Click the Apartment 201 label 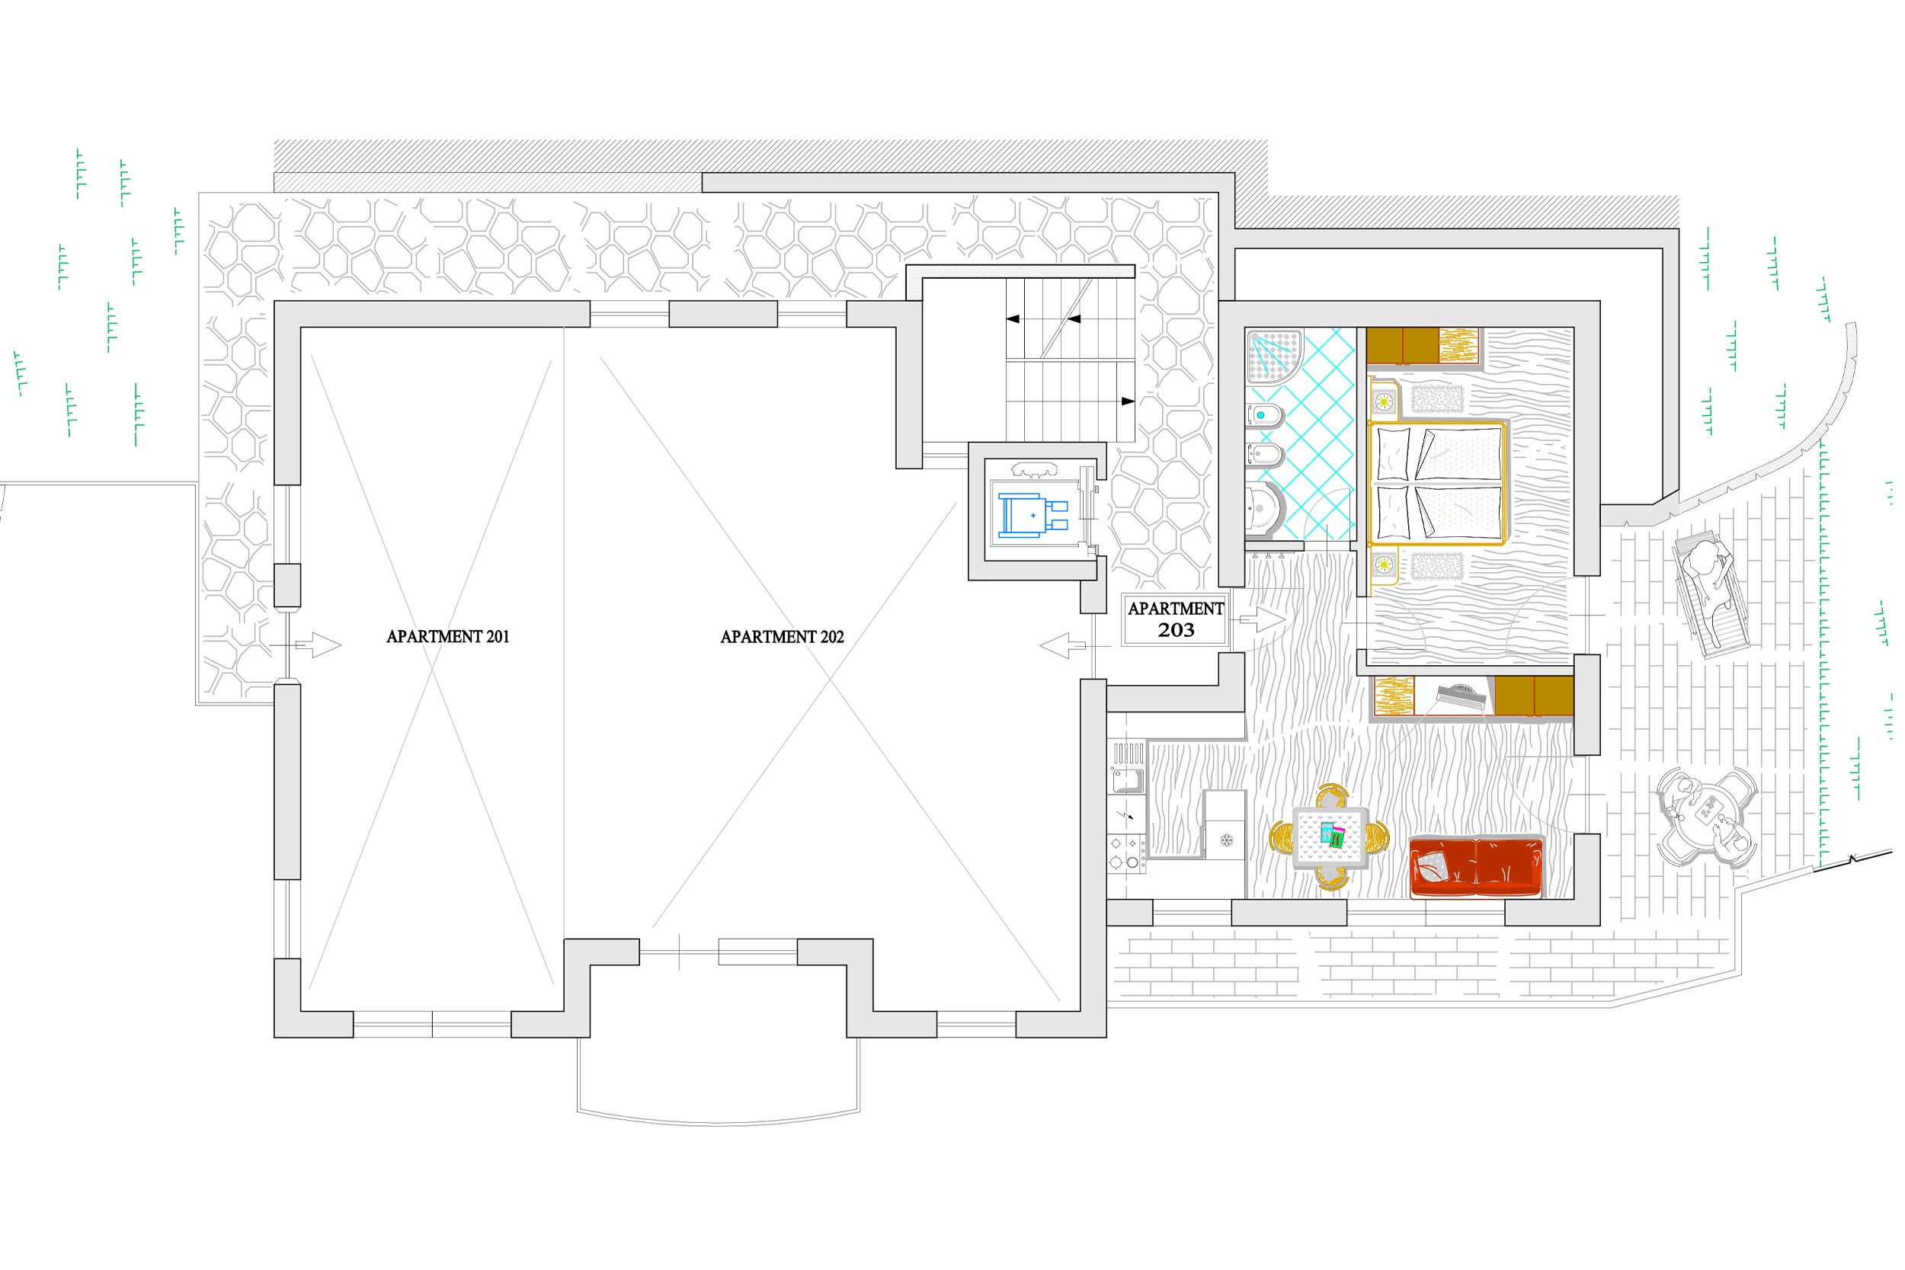[x=448, y=637]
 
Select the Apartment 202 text [x=783, y=637]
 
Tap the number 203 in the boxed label [x=1175, y=630]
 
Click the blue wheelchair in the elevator [x=1033, y=515]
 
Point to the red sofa [x=1476, y=868]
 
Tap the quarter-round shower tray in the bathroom [x=1274, y=355]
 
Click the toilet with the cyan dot [x=1263, y=415]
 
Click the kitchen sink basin [x=1127, y=781]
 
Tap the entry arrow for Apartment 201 [x=318, y=645]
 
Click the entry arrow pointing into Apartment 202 [x=1064, y=645]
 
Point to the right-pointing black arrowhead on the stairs [x=1128, y=401]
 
